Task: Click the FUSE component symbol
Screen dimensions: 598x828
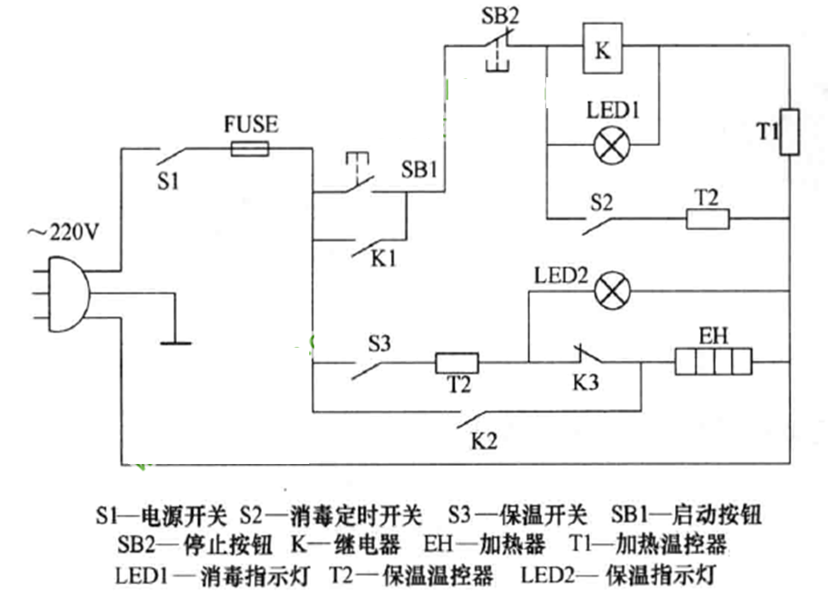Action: click(250, 149)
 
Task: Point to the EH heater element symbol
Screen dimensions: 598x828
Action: click(713, 362)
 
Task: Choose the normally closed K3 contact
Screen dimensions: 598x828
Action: click(585, 355)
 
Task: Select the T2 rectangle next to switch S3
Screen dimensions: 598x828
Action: click(459, 363)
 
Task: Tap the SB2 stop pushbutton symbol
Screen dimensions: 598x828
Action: click(496, 45)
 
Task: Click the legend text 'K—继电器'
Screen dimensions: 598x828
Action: click(345, 544)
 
